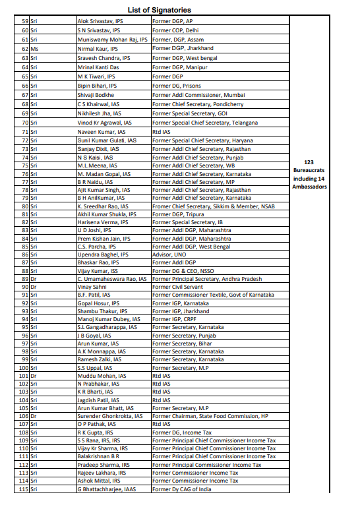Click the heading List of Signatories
[x=179, y=9]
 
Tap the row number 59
[x=25, y=20]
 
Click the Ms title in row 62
[x=34, y=48]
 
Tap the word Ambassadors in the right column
[x=309, y=187]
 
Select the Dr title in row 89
[x=34, y=279]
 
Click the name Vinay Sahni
[x=92, y=287]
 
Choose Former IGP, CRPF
[x=175, y=318]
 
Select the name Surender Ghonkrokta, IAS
[x=109, y=416]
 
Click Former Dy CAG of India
[x=181, y=489]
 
